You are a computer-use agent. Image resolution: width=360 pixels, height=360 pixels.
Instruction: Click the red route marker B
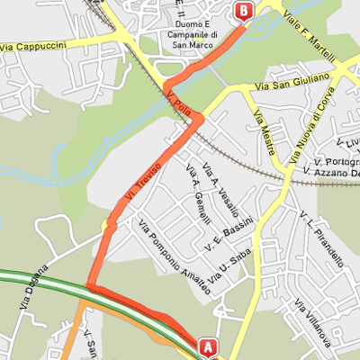(243, 11)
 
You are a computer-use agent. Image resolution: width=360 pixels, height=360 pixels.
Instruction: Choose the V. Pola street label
(179, 100)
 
